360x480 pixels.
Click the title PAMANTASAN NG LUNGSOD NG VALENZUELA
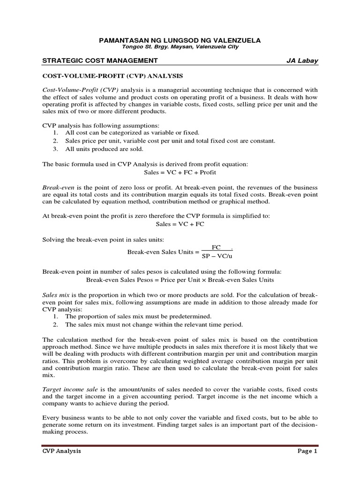click(x=180, y=41)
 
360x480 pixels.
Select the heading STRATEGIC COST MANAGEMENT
click(x=100, y=60)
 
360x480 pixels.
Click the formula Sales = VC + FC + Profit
click(x=180, y=172)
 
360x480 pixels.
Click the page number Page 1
click(x=307, y=451)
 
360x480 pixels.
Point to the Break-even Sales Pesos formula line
click(x=180, y=280)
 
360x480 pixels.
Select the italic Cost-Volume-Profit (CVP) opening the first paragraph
click(x=81, y=90)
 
